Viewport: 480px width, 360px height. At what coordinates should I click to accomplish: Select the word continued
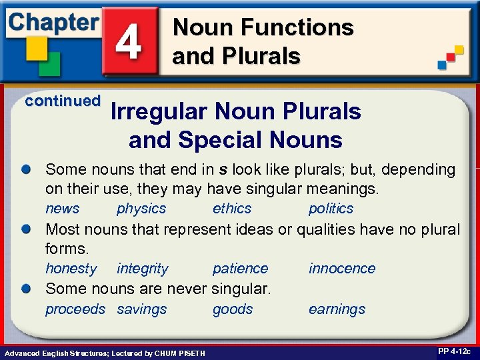(x=63, y=101)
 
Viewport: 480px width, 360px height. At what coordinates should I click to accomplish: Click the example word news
(x=62, y=209)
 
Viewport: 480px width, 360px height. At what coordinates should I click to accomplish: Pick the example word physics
(x=141, y=209)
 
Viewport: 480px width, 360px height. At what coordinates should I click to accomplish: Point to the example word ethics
(x=232, y=209)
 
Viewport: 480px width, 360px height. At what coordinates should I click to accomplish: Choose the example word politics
(x=331, y=209)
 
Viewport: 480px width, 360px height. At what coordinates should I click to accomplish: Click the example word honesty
(x=71, y=269)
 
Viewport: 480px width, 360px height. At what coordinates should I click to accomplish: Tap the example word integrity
(x=142, y=269)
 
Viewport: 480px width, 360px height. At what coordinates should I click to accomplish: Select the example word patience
(x=240, y=269)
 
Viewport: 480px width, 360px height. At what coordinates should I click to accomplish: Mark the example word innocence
(x=341, y=269)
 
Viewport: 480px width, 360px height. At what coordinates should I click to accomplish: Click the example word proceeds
(x=75, y=309)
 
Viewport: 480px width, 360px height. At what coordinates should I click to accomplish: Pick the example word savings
(x=141, y=309)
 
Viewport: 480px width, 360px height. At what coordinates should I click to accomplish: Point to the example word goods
(x=233, y=309)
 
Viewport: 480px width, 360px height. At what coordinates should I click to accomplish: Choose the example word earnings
(x=337, y=309)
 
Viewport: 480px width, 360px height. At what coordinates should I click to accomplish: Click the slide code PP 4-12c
(x=455, y=351)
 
